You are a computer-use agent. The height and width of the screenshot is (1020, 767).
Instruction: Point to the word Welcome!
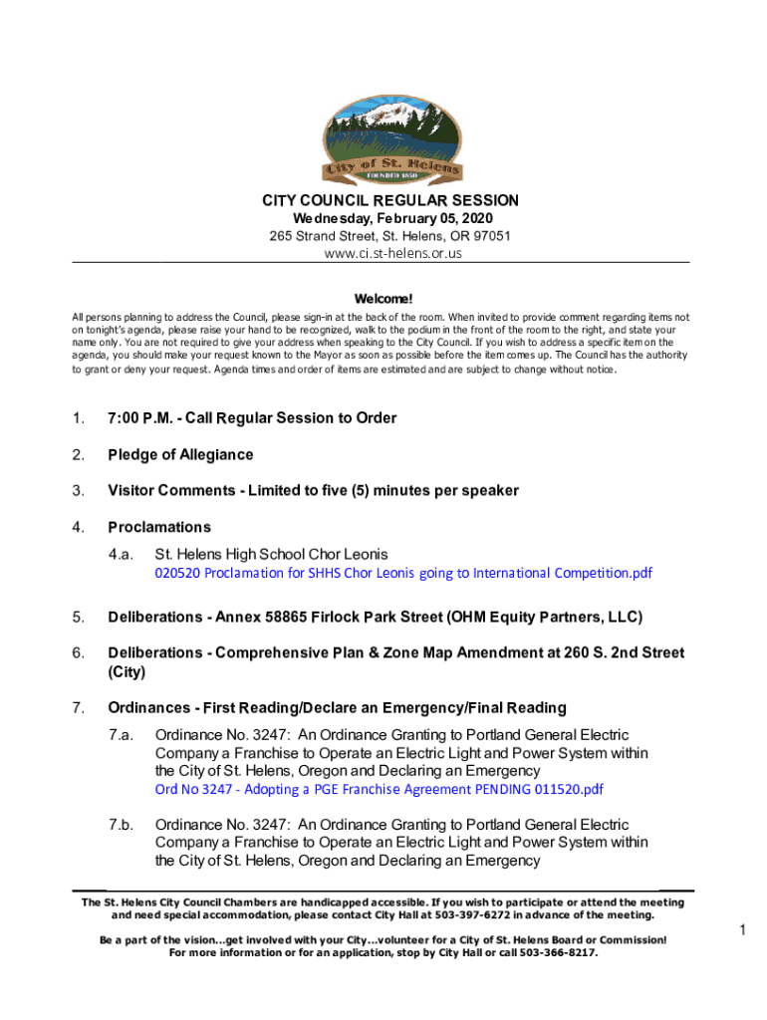point(383,299)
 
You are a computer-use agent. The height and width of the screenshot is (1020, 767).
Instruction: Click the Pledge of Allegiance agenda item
point(180,455)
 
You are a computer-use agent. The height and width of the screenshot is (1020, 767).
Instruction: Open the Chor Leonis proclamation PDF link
point(403,573)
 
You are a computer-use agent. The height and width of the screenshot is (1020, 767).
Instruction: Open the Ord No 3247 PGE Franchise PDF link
point(380,790)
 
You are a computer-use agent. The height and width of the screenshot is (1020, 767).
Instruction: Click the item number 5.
point(78,618)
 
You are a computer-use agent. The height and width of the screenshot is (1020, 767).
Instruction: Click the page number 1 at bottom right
point(742,930)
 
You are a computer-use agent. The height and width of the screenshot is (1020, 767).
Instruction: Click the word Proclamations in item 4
point(159,527)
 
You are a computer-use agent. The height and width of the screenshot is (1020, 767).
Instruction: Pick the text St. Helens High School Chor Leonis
point(272,554)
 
